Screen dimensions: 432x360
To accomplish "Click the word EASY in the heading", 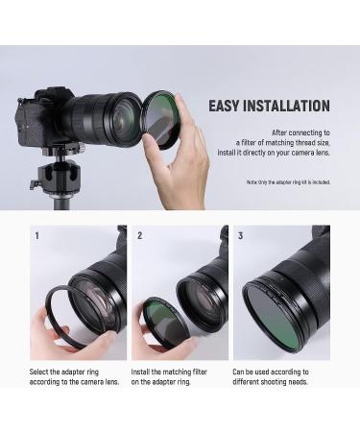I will point(227,106).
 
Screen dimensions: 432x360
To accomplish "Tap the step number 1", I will point(36,235).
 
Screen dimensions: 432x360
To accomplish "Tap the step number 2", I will point(139,235).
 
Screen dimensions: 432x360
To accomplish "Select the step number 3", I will point(240,235).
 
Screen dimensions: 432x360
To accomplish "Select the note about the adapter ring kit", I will point(288,182).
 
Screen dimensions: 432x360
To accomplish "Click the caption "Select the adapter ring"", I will point(68,371).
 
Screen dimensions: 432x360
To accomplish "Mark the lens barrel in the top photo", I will point(101,115).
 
